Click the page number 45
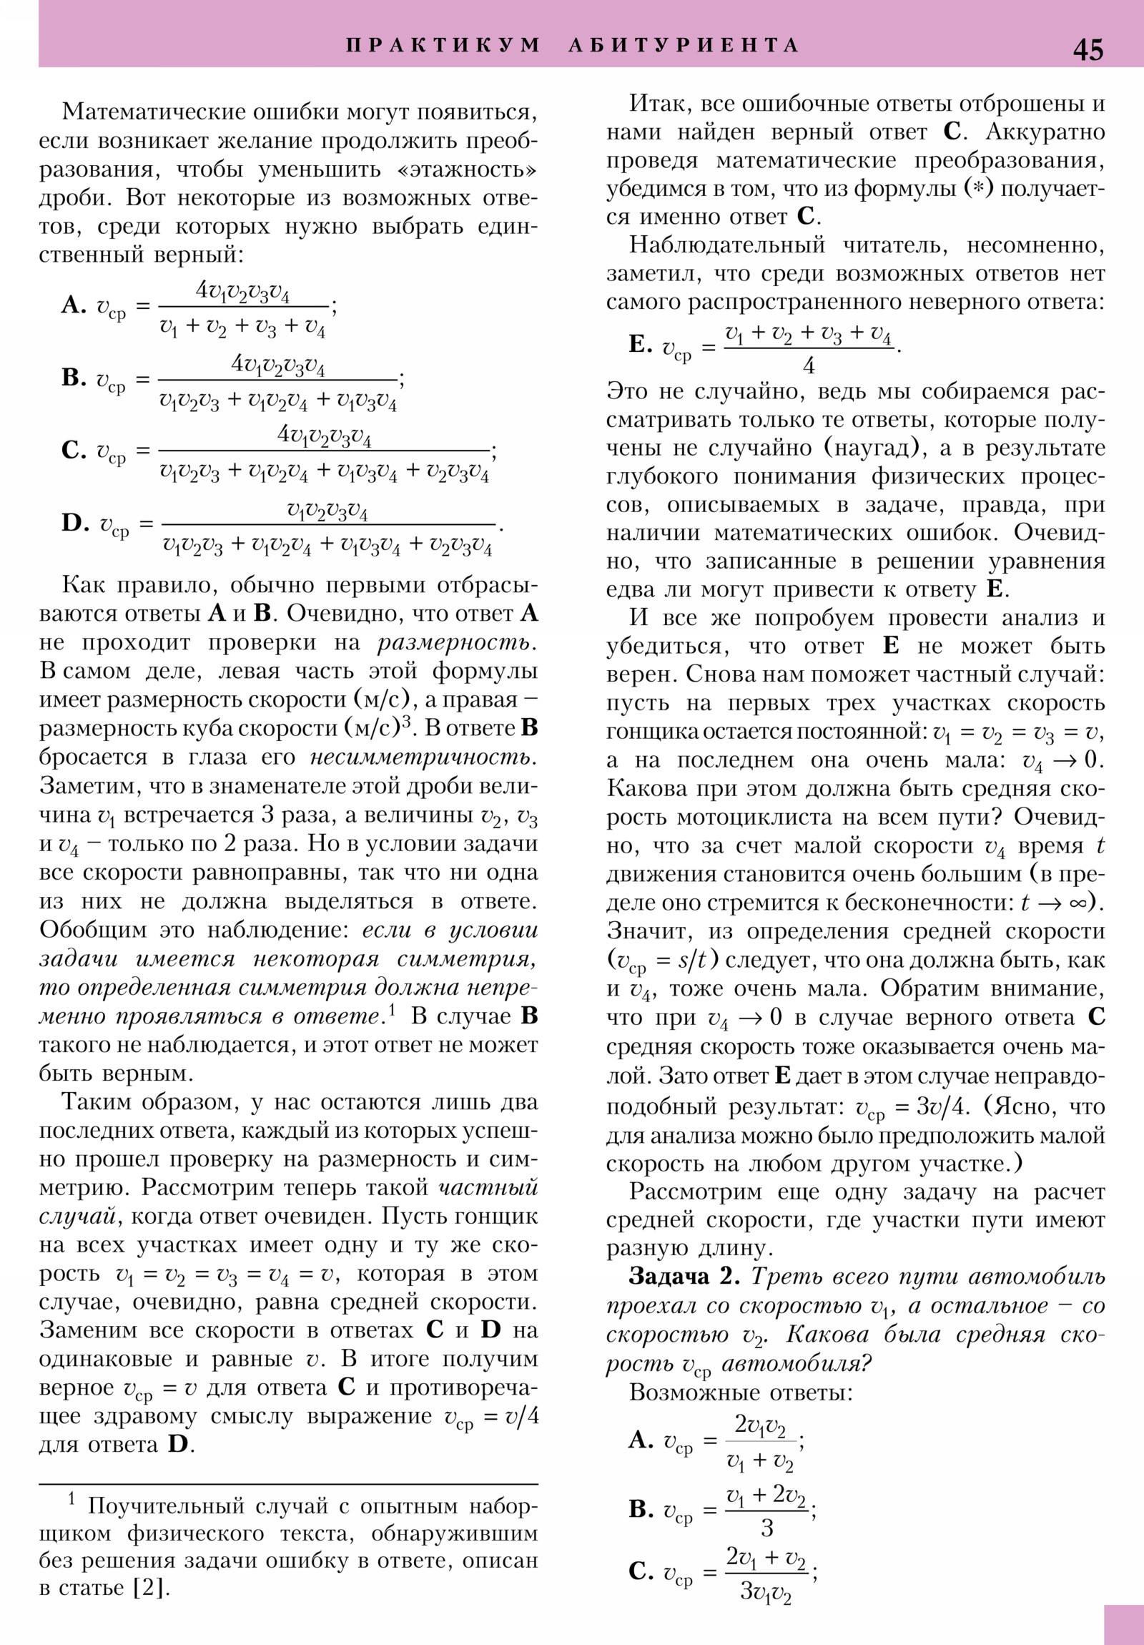[1088, 49]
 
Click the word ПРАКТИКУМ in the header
[443, 45]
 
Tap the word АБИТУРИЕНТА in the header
[684, 45]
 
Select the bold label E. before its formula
[641, 345]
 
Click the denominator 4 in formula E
[809, 366]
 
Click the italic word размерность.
[457, 643]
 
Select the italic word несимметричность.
[423, 757]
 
